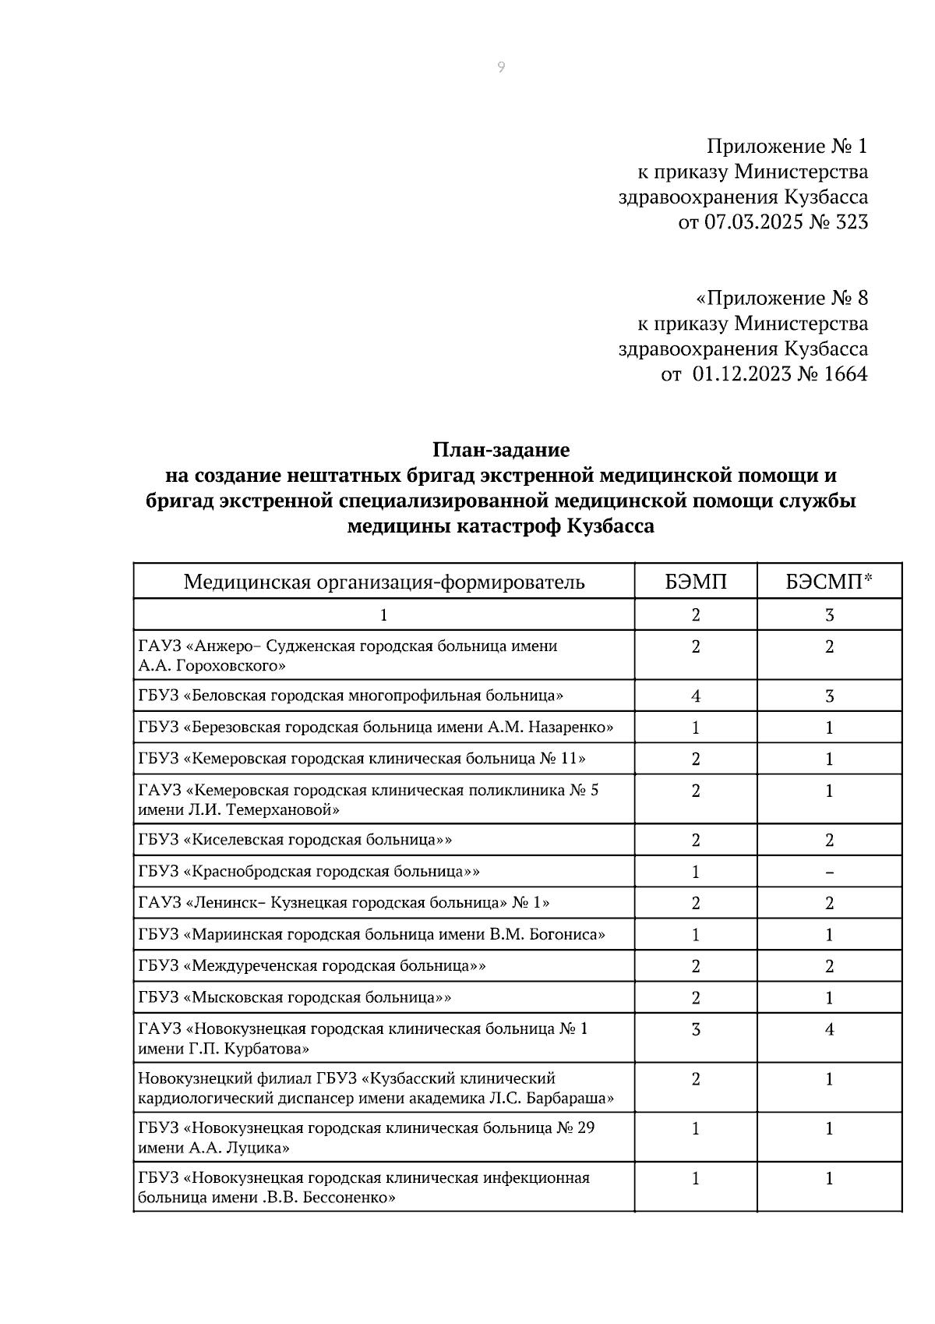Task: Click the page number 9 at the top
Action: point(500,68)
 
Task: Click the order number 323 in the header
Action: point(851,222)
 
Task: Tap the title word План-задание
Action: point(501,450)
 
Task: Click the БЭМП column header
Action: point(695,582)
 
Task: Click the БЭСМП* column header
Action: point(829,582)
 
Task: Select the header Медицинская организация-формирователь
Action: point(383,582)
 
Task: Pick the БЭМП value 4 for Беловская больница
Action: point(695,696)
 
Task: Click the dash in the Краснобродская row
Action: point(829,873)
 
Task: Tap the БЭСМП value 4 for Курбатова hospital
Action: point(829,1029)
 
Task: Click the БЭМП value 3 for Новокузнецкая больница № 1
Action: point(695,1029)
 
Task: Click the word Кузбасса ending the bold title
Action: point(610,526)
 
